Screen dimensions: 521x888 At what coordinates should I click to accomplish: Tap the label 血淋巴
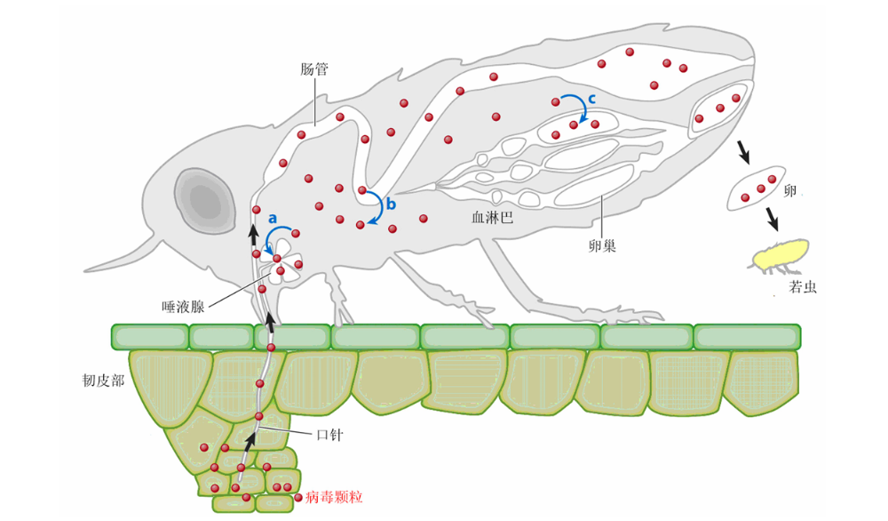493,216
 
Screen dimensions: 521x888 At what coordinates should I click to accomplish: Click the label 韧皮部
101,381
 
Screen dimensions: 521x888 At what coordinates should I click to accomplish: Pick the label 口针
329,435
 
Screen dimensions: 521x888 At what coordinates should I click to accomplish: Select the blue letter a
274,216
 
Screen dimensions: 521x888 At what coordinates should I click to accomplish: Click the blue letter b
390,203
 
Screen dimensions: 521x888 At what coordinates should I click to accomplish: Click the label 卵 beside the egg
790,190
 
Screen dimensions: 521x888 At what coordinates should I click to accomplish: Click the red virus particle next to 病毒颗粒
298,498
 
